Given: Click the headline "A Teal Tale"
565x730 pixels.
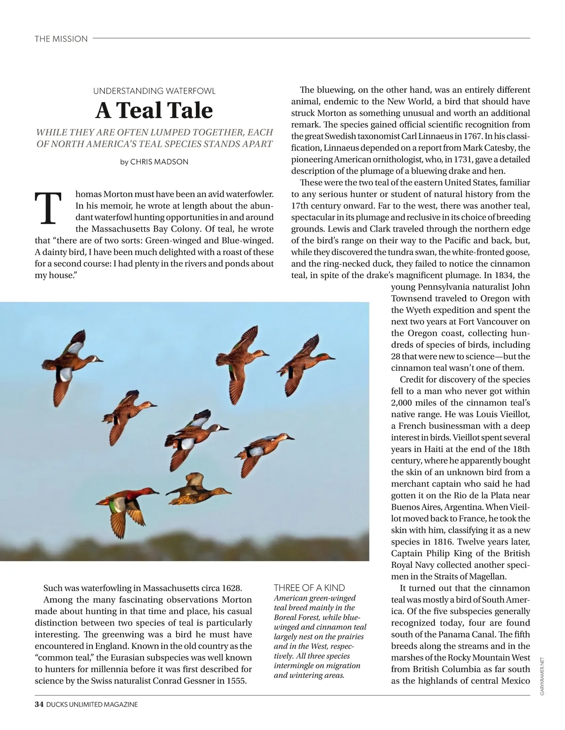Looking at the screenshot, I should [x=154, y=111].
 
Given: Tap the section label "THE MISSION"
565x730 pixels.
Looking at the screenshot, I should [x=61, y=39].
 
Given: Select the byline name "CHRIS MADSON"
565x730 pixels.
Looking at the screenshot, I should [x=159, y=162].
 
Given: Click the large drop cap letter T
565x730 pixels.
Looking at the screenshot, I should [x=48, y=209].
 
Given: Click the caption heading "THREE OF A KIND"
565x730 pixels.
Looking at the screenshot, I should [x=309, y=587].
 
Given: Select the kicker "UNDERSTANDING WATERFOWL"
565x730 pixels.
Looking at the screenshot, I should [x=154, y=91].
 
